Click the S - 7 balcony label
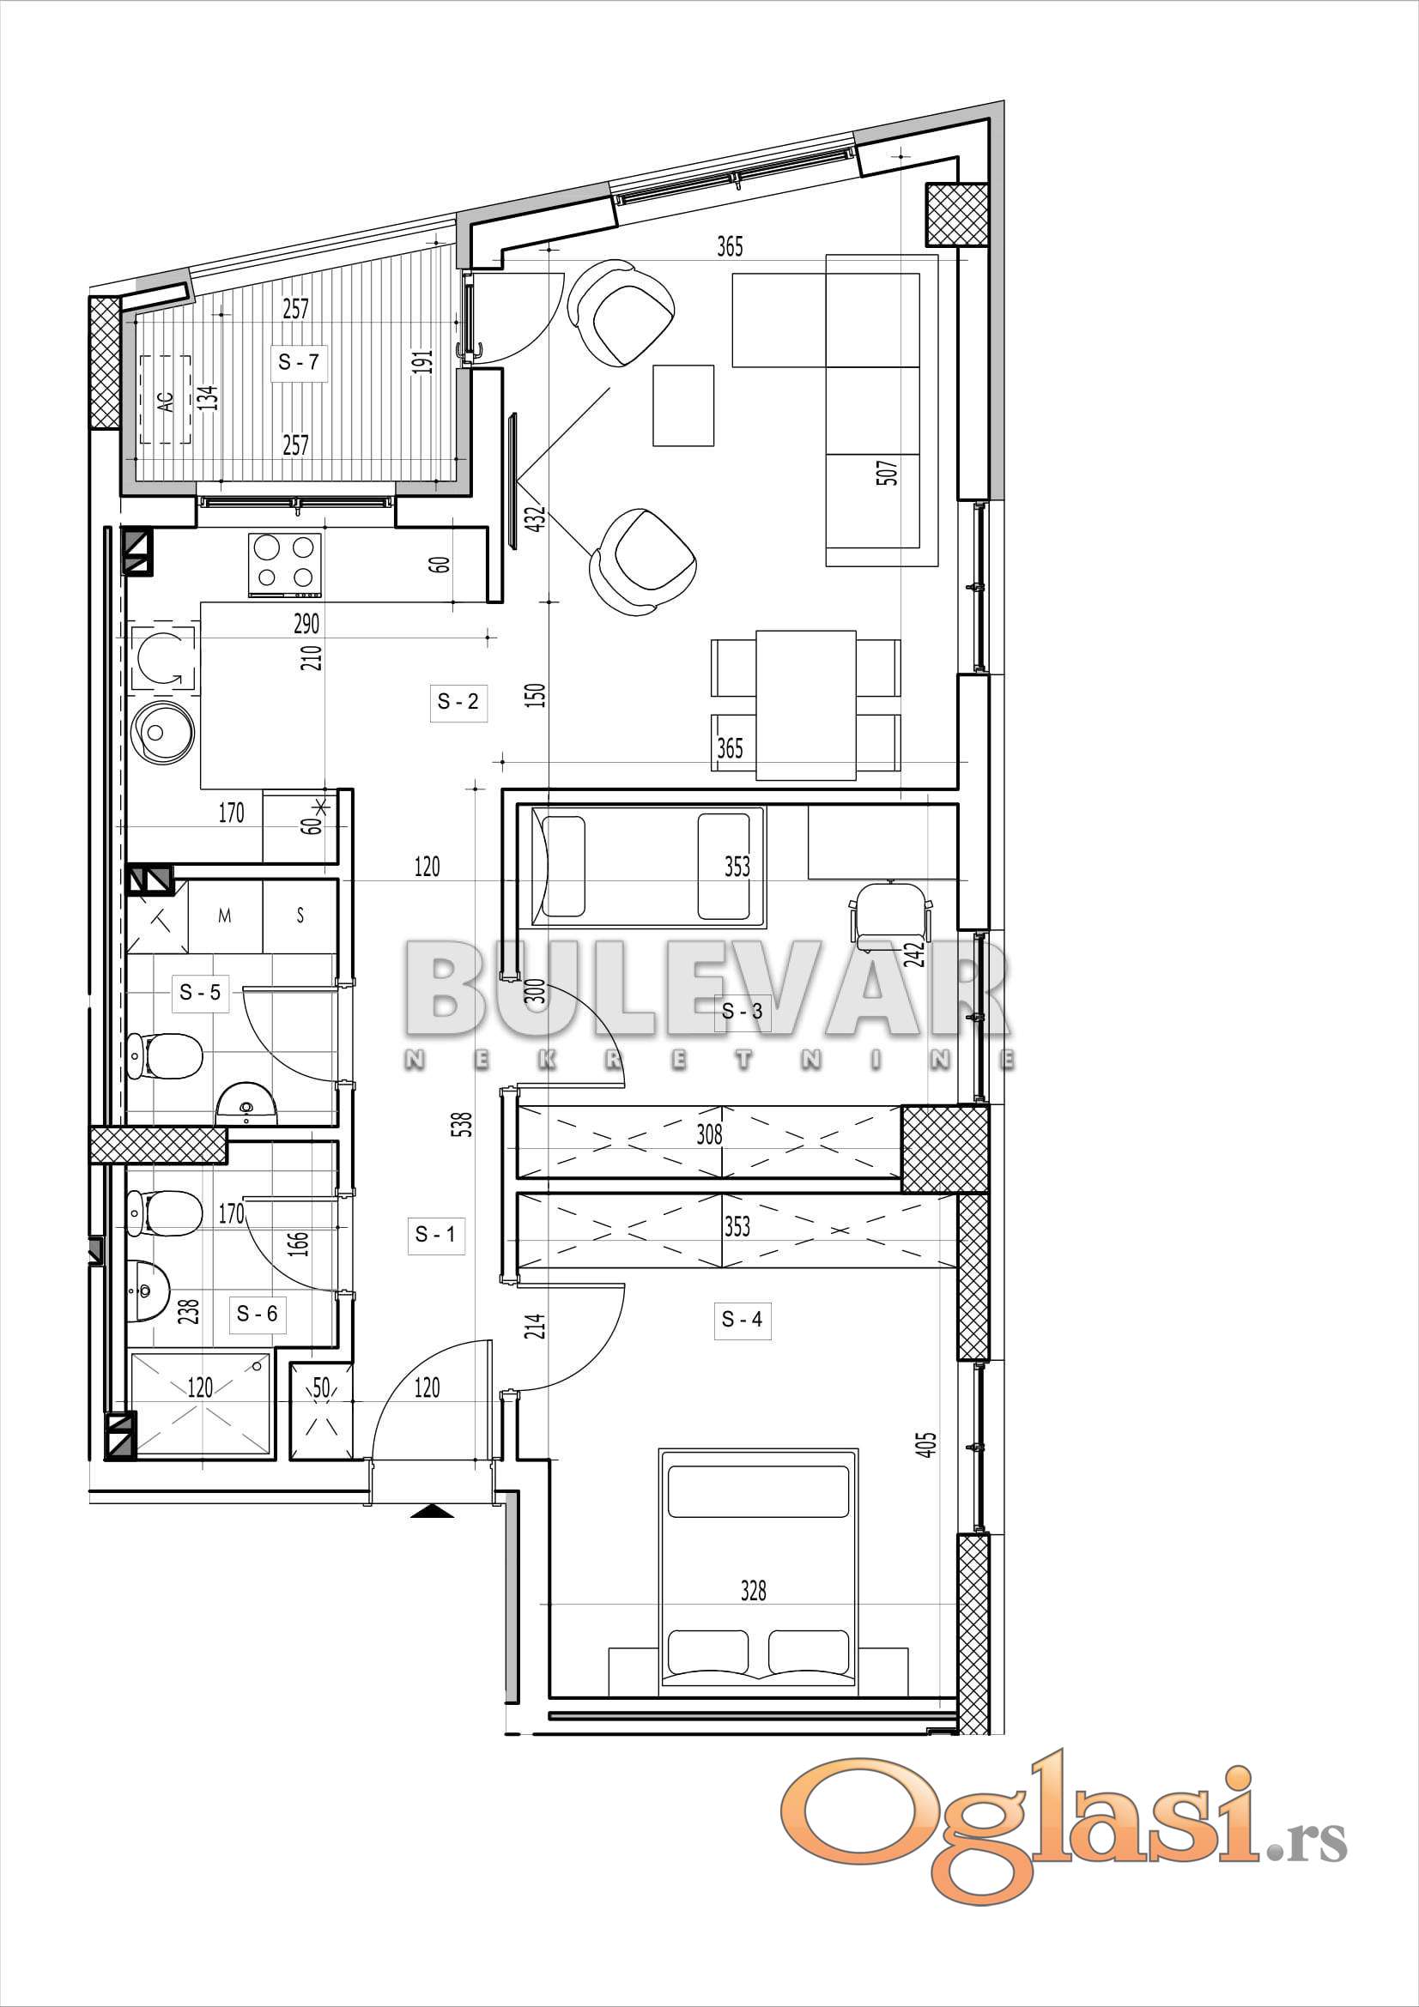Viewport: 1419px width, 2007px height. pyautogui.click(x=299, y=361)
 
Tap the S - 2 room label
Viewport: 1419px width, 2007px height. pyautogui.click(x=458, y=701)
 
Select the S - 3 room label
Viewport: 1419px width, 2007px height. pyautogui.click(x=743, y=1012)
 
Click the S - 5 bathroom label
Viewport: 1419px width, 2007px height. pyautogui.click(x=200, y=992)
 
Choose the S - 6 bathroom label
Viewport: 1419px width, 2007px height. pyautogui.click(x=257, y=1313)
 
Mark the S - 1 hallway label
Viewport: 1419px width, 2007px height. pyautogui.click(x=435, y=1234)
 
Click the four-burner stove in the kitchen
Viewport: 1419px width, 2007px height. pyautogui.click(x=285, y=565)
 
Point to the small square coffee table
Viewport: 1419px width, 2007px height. pyautogui.click(x=683, y=406)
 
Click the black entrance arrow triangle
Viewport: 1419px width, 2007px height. pyautogui.click(x=432, y=1511)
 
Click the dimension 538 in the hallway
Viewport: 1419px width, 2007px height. pyautogui.click(x=463, y=1123)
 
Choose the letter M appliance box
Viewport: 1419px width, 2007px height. pyautogui.click(x=225, y=916)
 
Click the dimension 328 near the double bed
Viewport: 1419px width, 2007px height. pyautogui.click(x=753, y=1590)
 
